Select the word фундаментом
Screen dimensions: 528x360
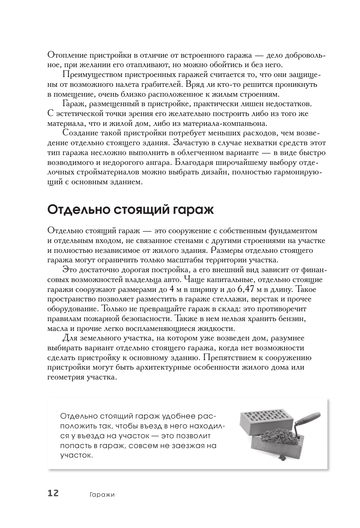pos(293,231)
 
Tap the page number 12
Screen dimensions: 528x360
pos(53,493)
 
